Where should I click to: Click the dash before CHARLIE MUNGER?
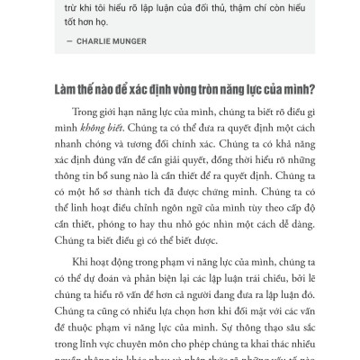(69, 40)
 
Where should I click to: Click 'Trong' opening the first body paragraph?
(81, 112)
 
